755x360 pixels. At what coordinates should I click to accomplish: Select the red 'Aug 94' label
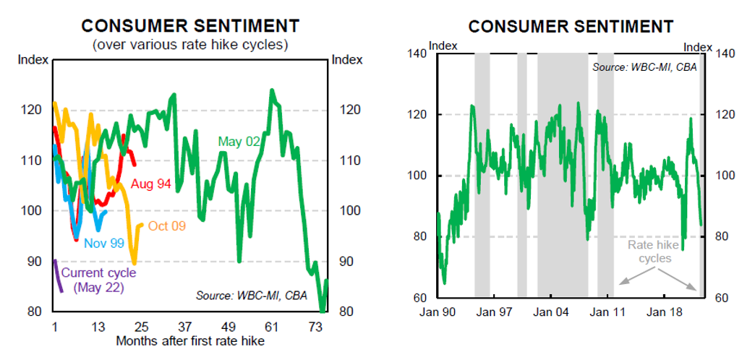151,184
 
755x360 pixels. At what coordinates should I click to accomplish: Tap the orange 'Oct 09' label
169,226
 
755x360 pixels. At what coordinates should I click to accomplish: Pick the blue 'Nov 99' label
103,244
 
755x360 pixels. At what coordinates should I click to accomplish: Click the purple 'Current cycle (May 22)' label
98,280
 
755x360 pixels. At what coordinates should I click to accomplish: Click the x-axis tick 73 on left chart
315,327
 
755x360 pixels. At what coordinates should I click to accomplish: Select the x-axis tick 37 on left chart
184,327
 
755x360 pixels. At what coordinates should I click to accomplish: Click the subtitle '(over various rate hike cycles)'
190,45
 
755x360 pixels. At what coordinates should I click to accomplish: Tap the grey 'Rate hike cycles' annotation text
649,252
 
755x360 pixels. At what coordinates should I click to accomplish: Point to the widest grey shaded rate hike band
562,173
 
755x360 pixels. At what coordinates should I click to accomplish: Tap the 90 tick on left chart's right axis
342,261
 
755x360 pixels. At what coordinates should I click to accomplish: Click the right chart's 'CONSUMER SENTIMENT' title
571,27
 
